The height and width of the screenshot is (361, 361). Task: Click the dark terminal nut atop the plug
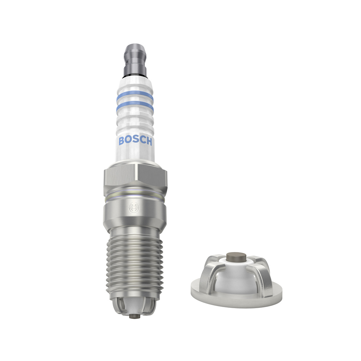(x=135, y=60)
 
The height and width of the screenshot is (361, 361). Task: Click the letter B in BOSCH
(x=122, y=141)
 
